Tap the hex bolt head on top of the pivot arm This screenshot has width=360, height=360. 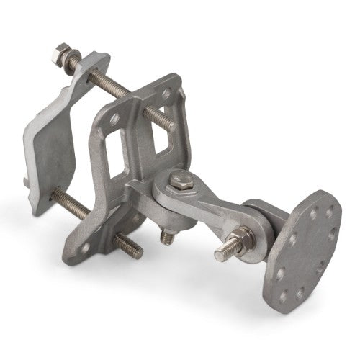point(178,181)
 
